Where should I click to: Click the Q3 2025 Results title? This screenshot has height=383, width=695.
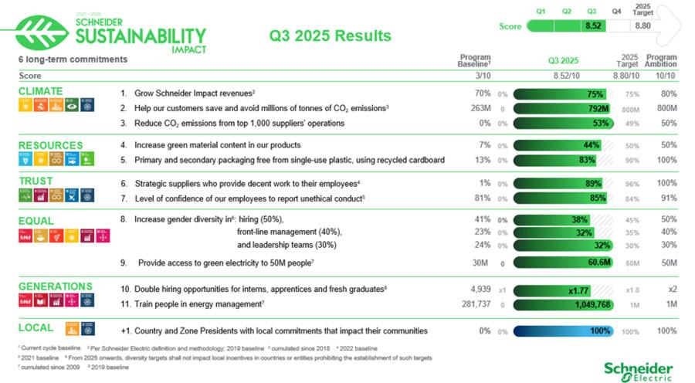pos(331,36)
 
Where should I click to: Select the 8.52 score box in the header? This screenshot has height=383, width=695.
pos(593,25)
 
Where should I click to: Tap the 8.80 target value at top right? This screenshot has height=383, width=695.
pos(642,25)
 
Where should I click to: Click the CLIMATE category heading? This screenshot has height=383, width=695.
pos(41,91)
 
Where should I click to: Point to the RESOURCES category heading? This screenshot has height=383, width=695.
pos(50,144)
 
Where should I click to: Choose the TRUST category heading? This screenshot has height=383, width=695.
pos(36,181)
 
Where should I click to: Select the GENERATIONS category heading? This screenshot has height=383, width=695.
pos(55,286)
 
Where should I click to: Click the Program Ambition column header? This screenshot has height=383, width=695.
pos(660,60)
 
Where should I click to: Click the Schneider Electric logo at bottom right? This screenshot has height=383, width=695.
pos(638,371)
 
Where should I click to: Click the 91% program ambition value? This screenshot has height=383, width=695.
pos(667,198)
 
